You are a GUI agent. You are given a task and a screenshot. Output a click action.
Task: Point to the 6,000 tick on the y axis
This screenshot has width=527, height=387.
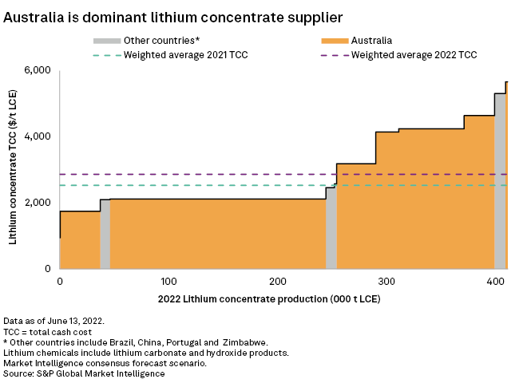[36, 70]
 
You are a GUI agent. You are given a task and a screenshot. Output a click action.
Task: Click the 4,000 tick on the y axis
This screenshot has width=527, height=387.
[36, 136]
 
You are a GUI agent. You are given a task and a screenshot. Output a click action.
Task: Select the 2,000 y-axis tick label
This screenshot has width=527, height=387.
[36, 203]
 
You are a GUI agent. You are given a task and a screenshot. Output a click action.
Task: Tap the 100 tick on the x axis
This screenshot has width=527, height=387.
[168, 282]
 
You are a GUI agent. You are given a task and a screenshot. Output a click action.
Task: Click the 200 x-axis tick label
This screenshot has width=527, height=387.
[278, 282]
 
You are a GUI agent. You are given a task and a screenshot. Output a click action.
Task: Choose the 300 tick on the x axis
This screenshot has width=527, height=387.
[386, 282]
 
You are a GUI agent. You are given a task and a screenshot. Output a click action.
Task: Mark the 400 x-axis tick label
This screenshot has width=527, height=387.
[495, 282]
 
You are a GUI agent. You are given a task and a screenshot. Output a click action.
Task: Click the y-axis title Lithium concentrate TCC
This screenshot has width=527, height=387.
[14, 169]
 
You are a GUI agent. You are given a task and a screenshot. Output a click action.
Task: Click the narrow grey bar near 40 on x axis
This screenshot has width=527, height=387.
[105, 235]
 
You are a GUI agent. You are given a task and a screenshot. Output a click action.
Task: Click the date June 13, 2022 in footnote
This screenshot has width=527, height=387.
[80, 319]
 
